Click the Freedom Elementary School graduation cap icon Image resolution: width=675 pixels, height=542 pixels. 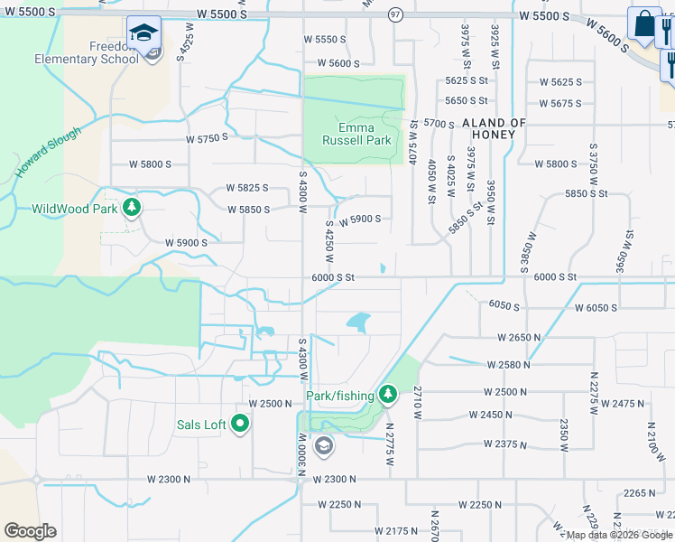tap(143, 33)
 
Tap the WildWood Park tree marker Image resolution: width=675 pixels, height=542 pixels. tap(133, 208)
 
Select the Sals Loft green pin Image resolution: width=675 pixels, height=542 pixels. tap(240, 423)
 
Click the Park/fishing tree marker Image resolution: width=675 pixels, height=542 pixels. tap(388, 394)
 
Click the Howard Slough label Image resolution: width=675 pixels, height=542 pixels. tap(48, 152)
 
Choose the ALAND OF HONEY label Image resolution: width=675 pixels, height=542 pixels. tap(494, 128)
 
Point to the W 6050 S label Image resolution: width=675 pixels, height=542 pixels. tap(596, 308)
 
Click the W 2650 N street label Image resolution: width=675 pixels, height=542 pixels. tap(519, 337)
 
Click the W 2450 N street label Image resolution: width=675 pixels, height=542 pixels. tap(491, 416)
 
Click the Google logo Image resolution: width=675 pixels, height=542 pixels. tap(30, 531)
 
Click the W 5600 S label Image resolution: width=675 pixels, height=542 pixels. tap(332, 63)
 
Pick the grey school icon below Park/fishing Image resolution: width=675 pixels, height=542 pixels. tap(323, 446)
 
